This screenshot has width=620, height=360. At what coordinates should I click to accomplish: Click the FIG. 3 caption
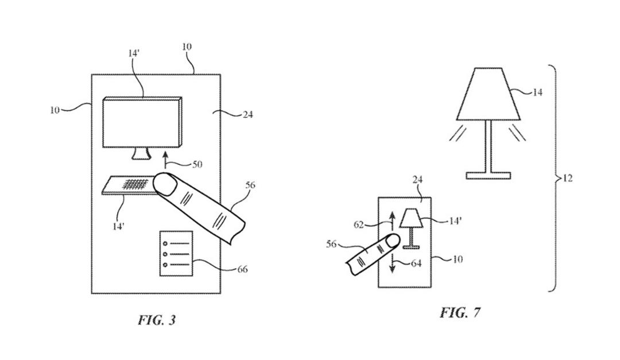click(157, 320)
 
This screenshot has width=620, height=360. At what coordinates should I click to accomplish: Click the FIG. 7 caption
click(460, 312)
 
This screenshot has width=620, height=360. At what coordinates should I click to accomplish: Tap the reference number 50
click(197, 164)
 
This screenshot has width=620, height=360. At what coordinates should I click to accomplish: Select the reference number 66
click(242, 269)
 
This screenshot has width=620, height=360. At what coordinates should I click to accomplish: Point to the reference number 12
click(567, 179)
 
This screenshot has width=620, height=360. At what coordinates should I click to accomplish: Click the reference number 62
click(359, 224)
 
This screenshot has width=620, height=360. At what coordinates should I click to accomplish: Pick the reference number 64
click(416, 263)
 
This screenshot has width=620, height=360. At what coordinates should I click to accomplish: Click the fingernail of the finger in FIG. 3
click(165, 184)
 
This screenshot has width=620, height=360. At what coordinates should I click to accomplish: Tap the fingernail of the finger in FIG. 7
click(392, 241)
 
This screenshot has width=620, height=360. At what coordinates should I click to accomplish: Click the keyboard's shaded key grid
click(135, 184)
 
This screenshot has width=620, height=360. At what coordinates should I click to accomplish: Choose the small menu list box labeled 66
click(176, 254)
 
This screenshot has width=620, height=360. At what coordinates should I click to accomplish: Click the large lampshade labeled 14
click(489, 94)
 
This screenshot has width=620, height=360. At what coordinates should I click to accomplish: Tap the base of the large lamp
click(489, 175)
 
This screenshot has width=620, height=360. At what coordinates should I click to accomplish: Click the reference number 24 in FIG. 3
click(247, 115)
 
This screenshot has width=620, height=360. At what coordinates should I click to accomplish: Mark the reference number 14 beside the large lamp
click(537, 92)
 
